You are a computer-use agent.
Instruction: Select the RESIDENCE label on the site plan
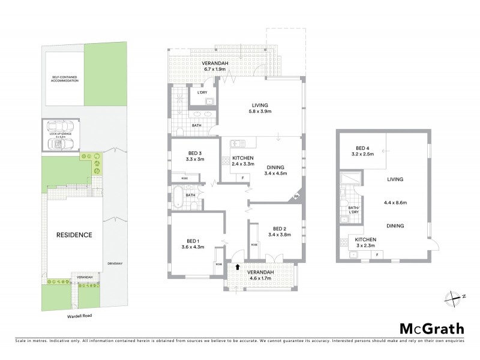pos(75,235)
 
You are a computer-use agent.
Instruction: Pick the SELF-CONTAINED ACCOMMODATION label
pos(64,79)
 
